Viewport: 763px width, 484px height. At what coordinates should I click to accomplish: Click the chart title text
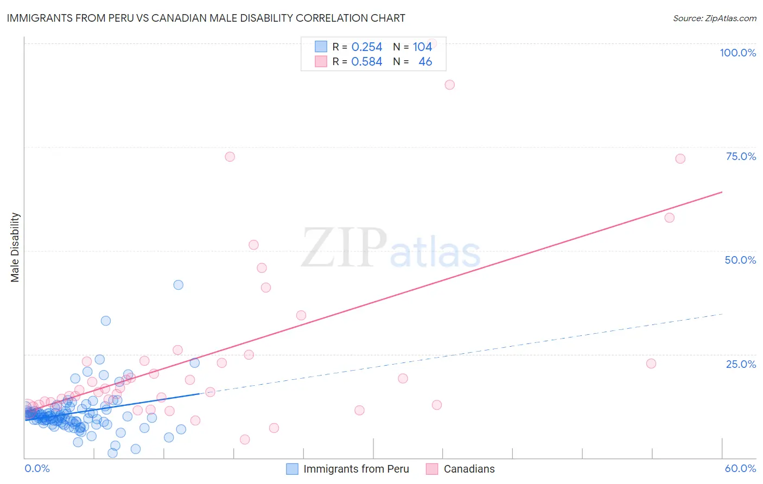click(206, 18)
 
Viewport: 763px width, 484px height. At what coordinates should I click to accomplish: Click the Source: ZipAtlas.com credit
click(714, 18)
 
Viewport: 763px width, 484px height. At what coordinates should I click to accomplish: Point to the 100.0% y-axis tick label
click(737, 53)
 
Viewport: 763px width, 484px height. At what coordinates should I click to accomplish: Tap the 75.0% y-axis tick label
click(741, 156)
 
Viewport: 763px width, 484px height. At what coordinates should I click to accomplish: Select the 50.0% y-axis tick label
click(740, 260)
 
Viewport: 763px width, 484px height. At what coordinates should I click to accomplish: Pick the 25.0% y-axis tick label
click(741, 364)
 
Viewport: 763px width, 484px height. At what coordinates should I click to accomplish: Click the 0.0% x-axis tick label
click(37, 468)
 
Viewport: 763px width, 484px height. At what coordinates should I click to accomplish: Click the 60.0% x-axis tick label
click(740, 468)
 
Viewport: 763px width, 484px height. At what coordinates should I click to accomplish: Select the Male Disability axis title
click(15, 247)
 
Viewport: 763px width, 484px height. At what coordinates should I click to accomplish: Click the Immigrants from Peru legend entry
click(348, 469)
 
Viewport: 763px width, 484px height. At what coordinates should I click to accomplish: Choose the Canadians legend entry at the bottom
click(461, 469)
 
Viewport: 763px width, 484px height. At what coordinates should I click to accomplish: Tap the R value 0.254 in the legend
click(367, 47)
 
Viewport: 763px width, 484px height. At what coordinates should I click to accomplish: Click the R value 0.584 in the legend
click(367, 61)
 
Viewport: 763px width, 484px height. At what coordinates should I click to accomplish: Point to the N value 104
click(422, 47)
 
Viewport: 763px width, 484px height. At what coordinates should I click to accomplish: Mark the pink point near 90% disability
click(449, 85)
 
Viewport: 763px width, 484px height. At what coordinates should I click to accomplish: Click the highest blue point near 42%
click(178, 285)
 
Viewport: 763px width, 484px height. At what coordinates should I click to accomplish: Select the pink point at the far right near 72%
click(680, 158)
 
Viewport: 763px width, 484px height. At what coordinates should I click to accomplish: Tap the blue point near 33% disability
click(106, 321)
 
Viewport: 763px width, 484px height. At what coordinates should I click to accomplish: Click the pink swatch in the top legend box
click(321, 61)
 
